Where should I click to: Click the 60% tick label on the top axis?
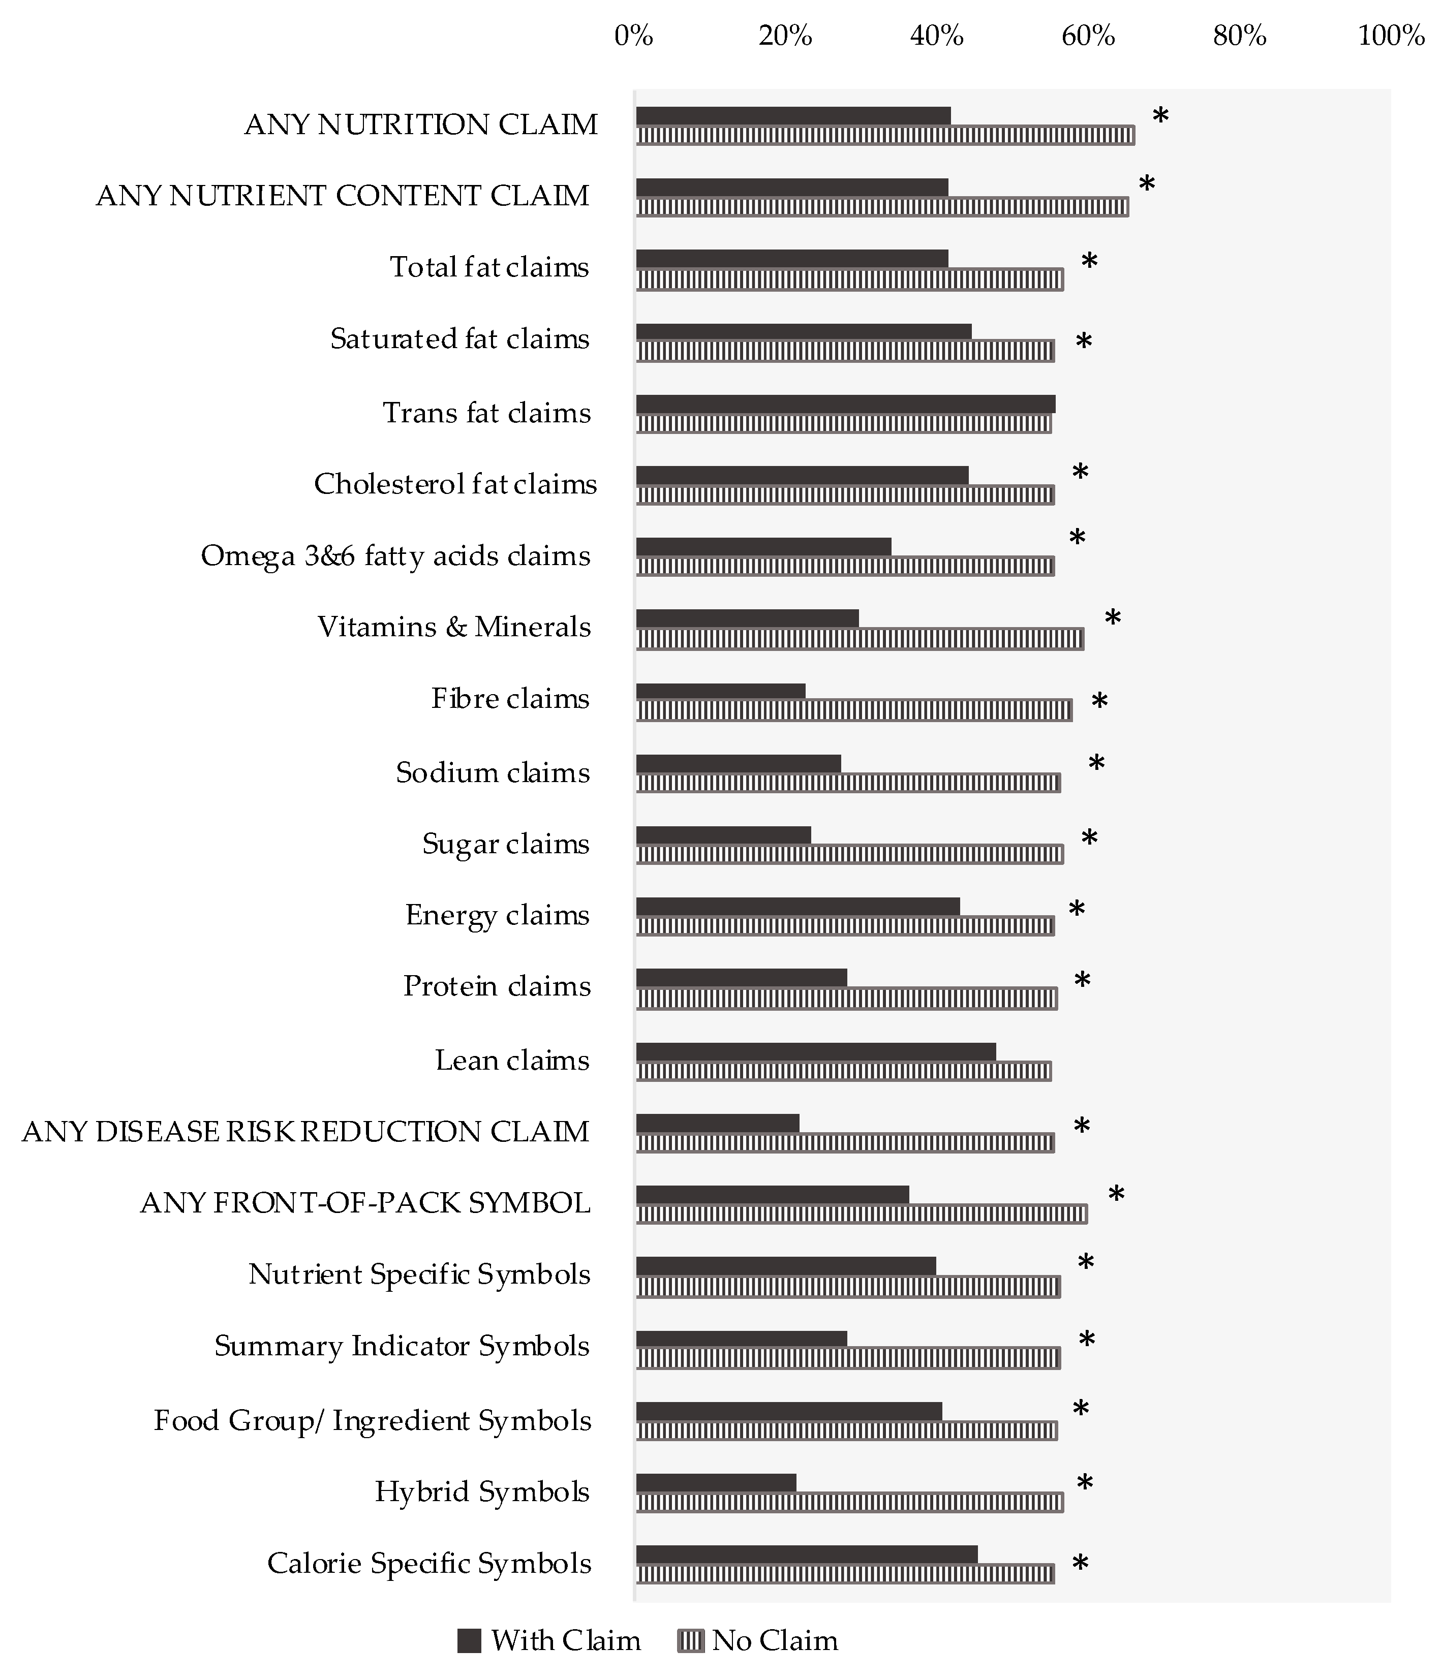1088,36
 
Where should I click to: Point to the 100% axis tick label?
1391,36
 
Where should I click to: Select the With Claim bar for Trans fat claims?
845,404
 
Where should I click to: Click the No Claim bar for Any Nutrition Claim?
885,135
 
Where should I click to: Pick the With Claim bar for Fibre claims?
720,691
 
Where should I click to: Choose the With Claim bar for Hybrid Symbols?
715,1483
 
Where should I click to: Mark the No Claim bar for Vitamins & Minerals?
860,639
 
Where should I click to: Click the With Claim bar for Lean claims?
815,1051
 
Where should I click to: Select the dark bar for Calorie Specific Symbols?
806,1554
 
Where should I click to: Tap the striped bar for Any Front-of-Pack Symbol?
861,1214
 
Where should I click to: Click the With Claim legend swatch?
470,1640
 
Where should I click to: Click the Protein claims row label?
497,986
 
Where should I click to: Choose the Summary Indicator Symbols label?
402,1346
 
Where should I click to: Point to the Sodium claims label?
492,773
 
